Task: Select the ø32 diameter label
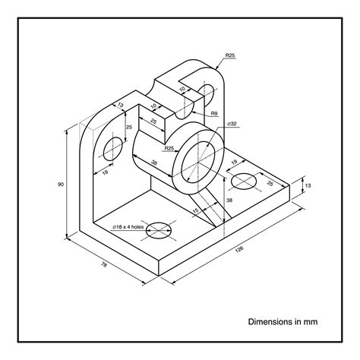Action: pyautogui.click(x=232, y=123)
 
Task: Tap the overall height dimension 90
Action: pyautogui.click(x=61, y=184)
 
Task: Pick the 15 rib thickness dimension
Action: pyautogui.click(x=196, y=210)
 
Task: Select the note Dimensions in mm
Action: pyautogui.click(x=283, y=321)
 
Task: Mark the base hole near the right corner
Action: pyautogui.click(x=244, y=182)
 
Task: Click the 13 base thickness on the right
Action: pyautogui.click(x=306, y=185)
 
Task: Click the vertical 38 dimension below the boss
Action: pyautogui.click(x=229, y=200)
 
